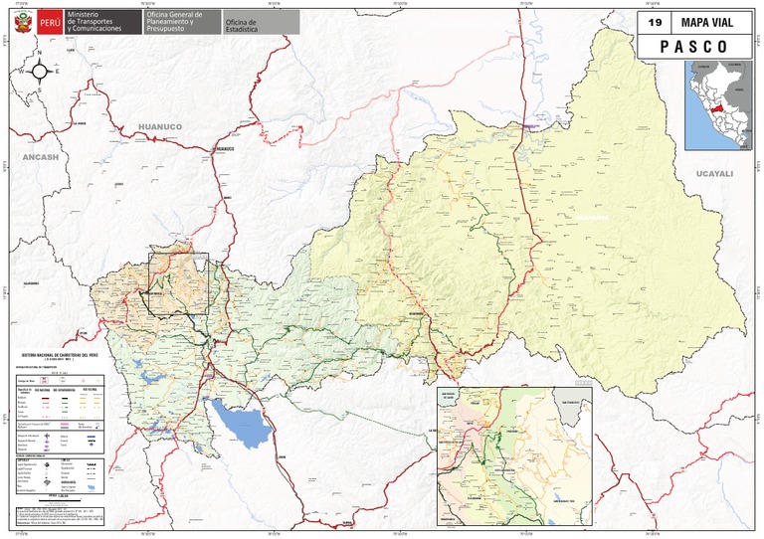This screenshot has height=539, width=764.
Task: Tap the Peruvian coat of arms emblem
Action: tap(21, 22)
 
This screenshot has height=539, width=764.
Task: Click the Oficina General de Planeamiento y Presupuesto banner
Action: tap(177, 22)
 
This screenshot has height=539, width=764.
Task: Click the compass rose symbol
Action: tap(40, 71)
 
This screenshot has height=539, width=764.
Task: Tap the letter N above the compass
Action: tap(40, 53)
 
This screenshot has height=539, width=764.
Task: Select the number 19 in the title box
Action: tap(654, 22)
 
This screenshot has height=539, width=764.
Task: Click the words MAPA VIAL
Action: tap(709, 22)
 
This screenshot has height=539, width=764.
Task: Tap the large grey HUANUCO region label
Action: tap(160, 127)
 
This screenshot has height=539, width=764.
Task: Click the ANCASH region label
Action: tap(41, 157)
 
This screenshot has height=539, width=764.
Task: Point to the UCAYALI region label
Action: tap(714, 173)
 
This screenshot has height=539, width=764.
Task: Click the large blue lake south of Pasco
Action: tap(243, 426)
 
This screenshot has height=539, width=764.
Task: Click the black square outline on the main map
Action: tap(178, 283)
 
